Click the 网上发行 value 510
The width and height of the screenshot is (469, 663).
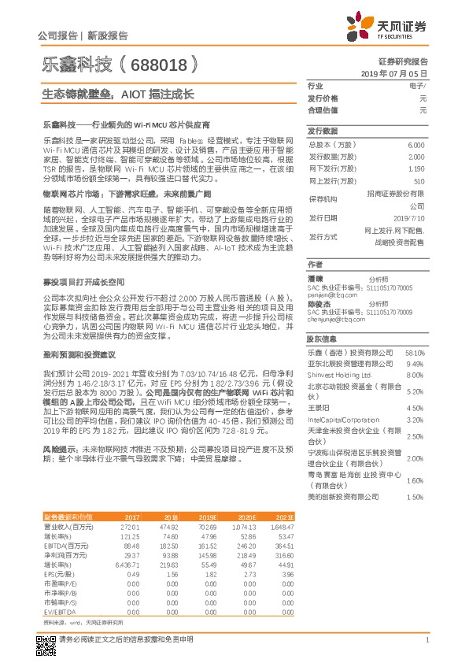click(x=419, y=181)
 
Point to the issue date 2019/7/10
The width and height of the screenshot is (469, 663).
click(x=409, y=217)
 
